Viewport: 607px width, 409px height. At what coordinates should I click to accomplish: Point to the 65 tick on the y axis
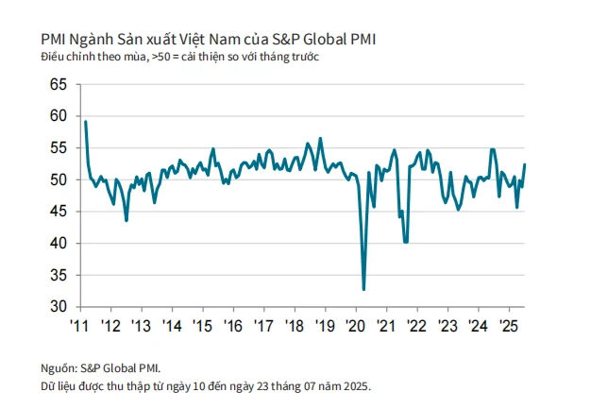coord(58,85)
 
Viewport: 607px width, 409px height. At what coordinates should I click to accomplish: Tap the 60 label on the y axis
coord(58,116)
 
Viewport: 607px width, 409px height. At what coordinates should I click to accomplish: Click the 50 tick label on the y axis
coord(58,179)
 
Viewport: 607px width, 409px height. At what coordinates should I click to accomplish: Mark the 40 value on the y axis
coord(58,244)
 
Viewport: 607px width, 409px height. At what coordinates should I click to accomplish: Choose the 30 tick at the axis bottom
coord(58,307)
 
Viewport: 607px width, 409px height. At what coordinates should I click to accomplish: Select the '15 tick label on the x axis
coord(202,326)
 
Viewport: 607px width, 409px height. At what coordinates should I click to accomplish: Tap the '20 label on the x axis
coord(356,326)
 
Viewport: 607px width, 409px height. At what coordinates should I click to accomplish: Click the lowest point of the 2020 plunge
coord(363,289)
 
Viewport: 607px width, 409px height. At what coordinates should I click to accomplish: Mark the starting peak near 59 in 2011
coord(86,121)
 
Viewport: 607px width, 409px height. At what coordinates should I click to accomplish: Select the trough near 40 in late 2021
coord(406,242)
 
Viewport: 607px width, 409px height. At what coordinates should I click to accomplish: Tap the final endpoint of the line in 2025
coord(525,164)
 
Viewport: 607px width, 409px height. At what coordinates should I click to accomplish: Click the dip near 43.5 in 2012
coord(126,220)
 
